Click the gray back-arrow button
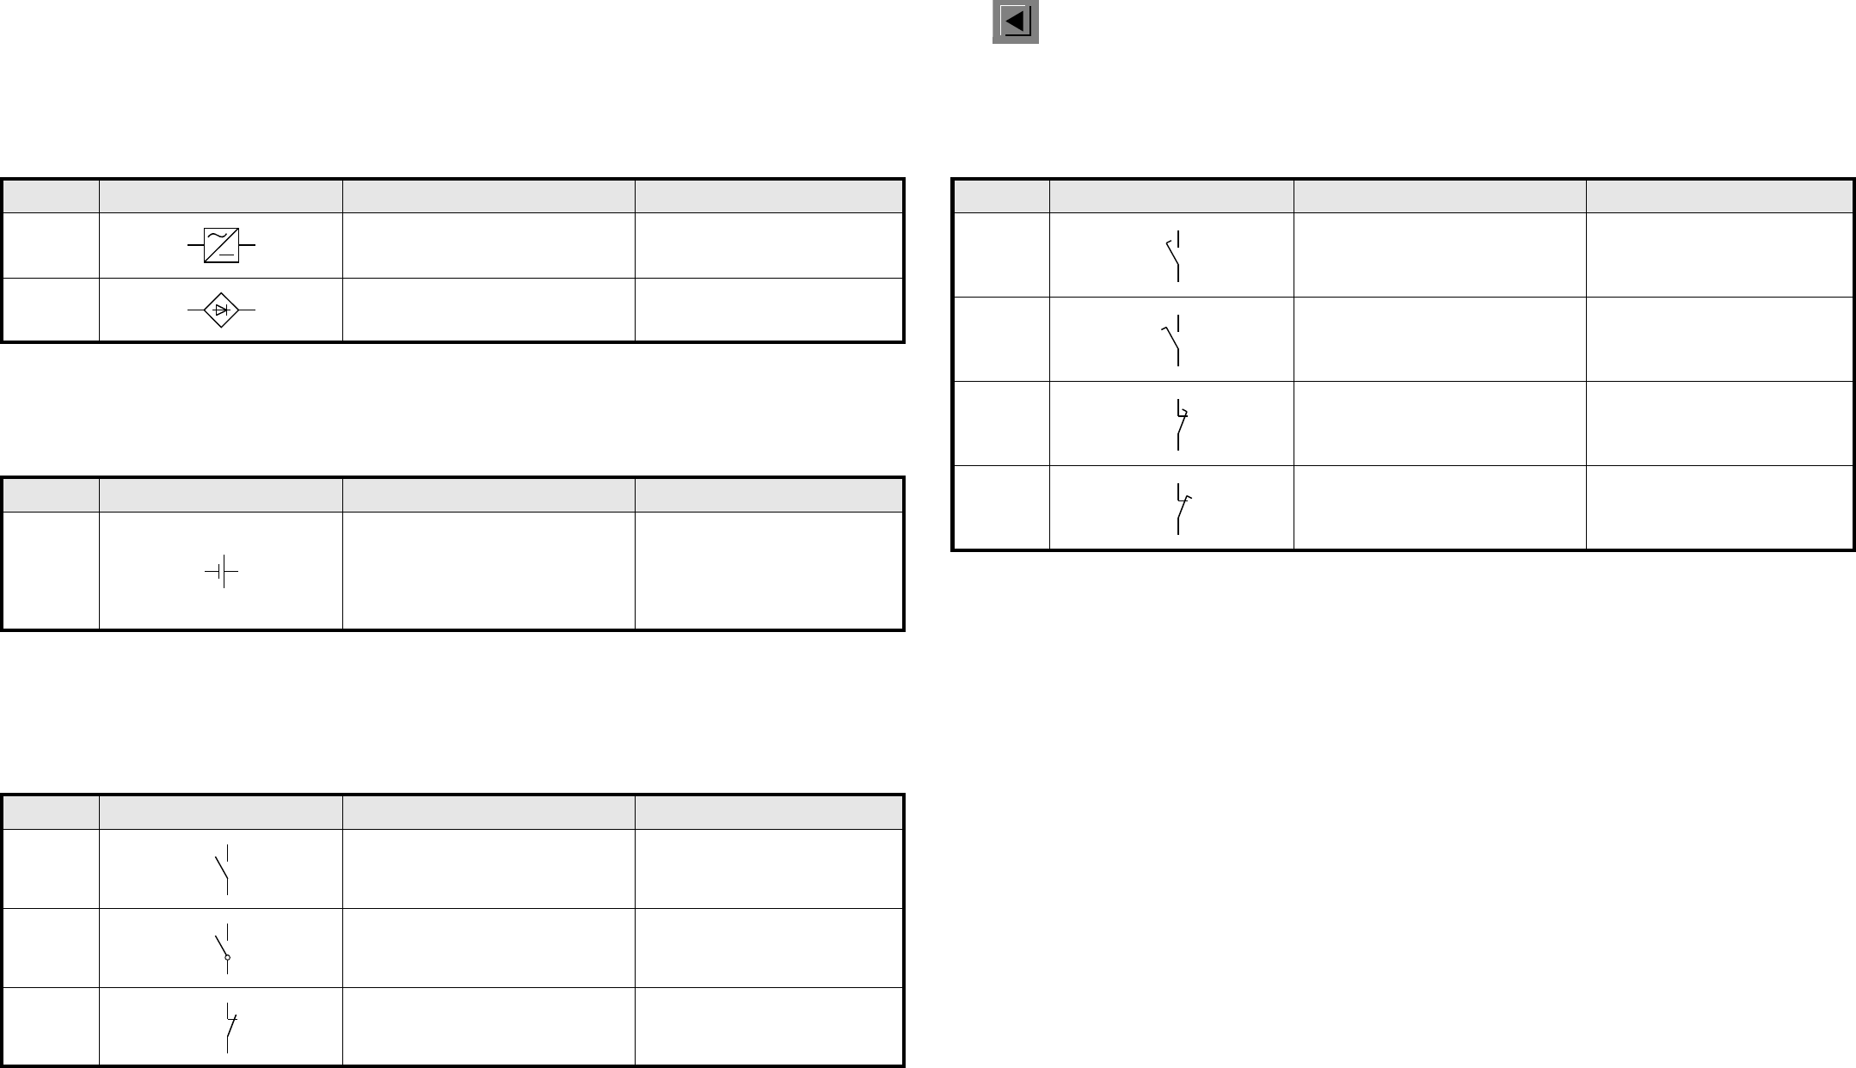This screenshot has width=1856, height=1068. click(x=1016, y=21)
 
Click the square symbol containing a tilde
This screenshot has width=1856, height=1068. click(x=221, y=246)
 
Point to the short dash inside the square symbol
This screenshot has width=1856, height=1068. click(x=227, y=255)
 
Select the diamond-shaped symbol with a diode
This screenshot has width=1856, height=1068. click(x=221, y=310)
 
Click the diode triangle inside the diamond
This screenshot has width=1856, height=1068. click(x=221, y=310)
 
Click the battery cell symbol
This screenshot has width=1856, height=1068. click(x=221, y=571)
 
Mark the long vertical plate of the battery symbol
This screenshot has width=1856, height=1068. click(x=224, y=571)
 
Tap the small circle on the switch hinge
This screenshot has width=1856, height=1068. click(x=227, y=957)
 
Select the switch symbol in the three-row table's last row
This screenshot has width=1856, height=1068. click(x=229, y=1027)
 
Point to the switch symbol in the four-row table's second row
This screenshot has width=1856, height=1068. click(x=1173, y=340)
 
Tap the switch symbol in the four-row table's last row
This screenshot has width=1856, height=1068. click(x=1180, y=508)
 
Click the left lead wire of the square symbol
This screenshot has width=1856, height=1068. click(x=195, y=246)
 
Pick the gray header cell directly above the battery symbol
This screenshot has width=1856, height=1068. click(x=220, y=495)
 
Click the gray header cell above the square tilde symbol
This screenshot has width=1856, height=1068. click(x=220, y=196)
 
